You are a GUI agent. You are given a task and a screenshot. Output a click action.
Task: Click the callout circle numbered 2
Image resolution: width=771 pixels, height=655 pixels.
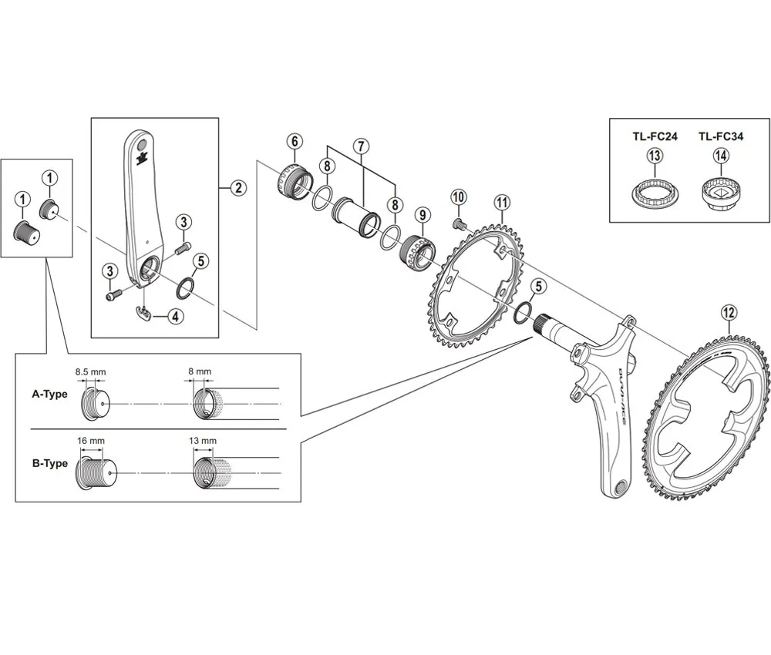coord(238,187)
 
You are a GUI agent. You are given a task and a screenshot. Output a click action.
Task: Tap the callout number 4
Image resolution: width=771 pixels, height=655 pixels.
coord(177,315)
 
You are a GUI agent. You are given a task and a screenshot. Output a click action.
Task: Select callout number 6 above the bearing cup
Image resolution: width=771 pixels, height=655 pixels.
coord(294,142)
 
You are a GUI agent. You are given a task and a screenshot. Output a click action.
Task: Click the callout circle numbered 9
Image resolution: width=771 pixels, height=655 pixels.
coord(421,213)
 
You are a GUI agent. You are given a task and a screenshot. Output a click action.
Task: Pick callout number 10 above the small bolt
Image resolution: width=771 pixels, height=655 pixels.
coord(458,196)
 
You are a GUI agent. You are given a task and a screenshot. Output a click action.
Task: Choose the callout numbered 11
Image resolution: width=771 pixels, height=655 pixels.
coord(502,203)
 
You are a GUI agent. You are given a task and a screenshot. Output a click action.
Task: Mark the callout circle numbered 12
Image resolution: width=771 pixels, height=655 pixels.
coord(729,312)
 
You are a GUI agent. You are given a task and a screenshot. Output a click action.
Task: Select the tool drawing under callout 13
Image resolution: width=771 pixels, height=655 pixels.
coord(655,193)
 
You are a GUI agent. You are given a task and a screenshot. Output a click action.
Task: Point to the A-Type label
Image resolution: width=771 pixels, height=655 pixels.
coord(49,393)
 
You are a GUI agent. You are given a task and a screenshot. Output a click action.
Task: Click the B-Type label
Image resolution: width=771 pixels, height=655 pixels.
coord(49,463)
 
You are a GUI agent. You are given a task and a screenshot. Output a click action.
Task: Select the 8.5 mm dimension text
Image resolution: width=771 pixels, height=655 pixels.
coord(90,371)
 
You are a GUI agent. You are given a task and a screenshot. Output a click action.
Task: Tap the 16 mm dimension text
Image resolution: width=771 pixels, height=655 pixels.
coord(91,441)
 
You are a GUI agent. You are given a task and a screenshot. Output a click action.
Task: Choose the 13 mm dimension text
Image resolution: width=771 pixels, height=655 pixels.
coord(203,441)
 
